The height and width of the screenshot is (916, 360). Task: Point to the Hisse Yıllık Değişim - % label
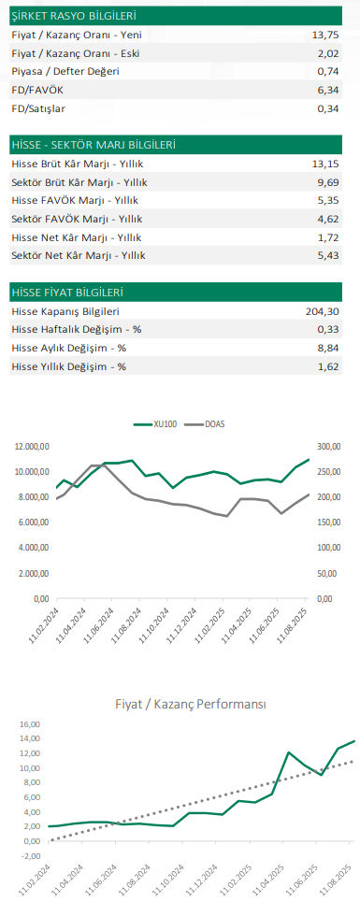(69, 366)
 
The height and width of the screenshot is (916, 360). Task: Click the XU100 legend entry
(164, 423)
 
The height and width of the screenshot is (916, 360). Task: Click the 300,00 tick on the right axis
(330, 446)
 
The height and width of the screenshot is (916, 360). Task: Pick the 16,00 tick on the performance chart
(32, 723)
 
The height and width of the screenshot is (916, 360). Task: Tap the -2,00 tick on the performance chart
(32, 855)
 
